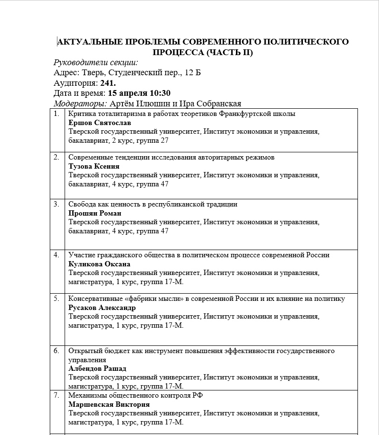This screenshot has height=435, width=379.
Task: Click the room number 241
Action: (x=108, y=83)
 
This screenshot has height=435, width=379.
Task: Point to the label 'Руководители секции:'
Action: (x=96, y=62)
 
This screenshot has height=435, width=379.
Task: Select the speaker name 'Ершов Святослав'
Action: (x=96, y=123)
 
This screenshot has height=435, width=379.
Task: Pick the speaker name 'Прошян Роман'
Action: (x=95, y=213)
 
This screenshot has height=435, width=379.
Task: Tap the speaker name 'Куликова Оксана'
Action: (x=99, y=264)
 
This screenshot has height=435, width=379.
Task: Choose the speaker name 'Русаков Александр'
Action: (x=102, y=308)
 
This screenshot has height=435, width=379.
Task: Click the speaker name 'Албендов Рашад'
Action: (x=97, y=368)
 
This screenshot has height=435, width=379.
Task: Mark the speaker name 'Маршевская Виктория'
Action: (x=109, y=404)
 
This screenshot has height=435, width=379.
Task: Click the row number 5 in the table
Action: (x=56, y=298)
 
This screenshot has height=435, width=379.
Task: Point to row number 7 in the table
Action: (x=56, y=395)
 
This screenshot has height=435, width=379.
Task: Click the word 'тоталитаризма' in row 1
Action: (x=116, y=114)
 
